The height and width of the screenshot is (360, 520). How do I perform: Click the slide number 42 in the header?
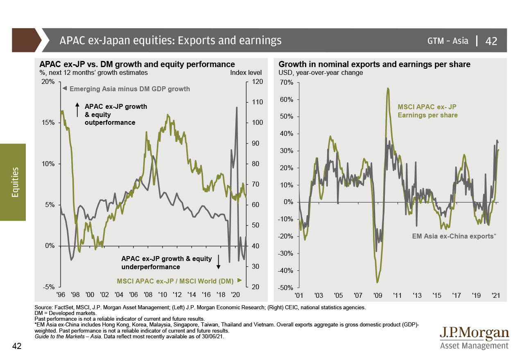(x=491, y=41)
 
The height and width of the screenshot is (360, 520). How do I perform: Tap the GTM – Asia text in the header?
(x=448, y=41)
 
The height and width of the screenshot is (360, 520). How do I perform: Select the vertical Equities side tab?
(x=13, y=182)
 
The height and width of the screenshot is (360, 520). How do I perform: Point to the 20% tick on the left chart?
(x=48, y=82)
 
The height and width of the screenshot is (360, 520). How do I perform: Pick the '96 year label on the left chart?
(x=61, y=294)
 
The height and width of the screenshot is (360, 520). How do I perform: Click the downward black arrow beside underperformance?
(x=219, y=262)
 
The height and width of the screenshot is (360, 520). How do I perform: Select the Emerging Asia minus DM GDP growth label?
(x=129, y=88)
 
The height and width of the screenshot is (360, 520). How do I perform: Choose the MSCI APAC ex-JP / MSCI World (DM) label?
(x=175, y=281)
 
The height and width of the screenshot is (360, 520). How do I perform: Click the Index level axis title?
(x=246, y=73)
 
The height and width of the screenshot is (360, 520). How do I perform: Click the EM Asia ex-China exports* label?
(x=453, y=236)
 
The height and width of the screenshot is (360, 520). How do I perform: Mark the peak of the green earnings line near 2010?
(x=388, y=88)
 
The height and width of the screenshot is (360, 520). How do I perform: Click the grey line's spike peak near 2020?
(x=237, y=107)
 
